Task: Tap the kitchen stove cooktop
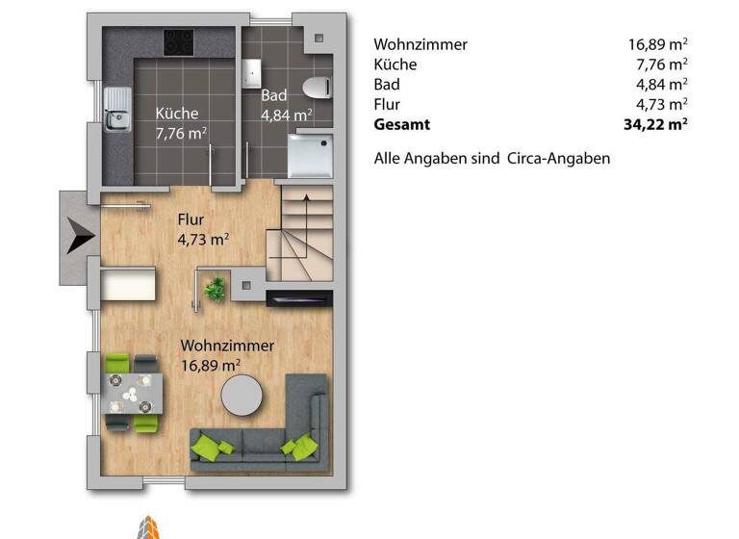click(x=178, y=41)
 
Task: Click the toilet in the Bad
click(x=316, y=87)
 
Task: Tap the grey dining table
click(x=133, y=392)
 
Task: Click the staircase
click(x=305, y=236)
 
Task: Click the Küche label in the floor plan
click(x=177, y=114)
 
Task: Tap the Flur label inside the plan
click(x=190, y=219)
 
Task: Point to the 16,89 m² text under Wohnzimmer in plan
click(x=211, y=365)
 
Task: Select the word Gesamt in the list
click(x=402, y=124)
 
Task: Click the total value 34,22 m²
click(x=655, y=124)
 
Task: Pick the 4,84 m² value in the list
click(x=663, y=84)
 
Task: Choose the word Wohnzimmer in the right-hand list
click(x=420, y=44)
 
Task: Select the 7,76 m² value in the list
click(x=663, y=64)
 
